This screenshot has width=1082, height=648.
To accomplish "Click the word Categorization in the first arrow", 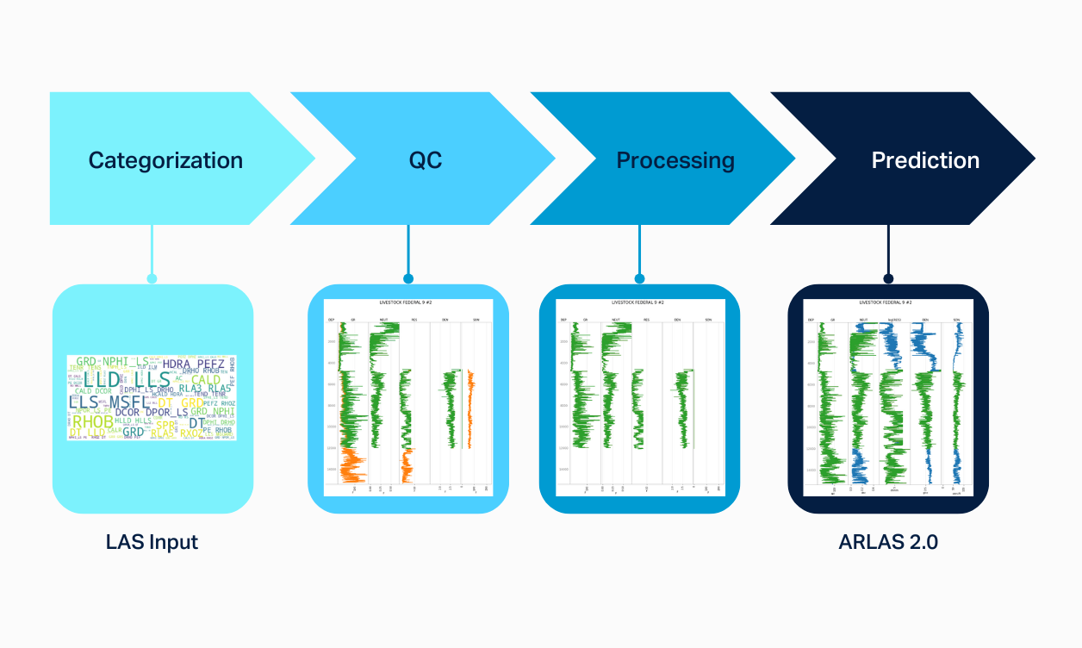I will click(x=165, y=160).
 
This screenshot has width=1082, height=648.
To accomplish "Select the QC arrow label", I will click(x=426, y=160).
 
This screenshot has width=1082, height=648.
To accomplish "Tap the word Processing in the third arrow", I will click(x=675, y=160).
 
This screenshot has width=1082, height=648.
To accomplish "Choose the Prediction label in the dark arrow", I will click(x=925, y=160).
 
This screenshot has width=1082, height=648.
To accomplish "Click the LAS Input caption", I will click(x=152, y=542).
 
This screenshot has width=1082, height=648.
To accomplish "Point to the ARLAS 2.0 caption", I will click(x=887, y=542).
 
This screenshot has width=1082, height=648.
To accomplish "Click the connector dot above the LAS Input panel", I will click(x=152, y=278).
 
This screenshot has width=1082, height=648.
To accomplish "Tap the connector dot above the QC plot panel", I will click(x=408, y=278).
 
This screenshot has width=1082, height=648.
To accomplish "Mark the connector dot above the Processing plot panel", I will click(x=639, y=278).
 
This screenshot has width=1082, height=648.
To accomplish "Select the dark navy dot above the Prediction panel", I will click(x=888, y=278).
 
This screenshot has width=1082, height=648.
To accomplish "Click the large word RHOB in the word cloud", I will click(x=92, y=422).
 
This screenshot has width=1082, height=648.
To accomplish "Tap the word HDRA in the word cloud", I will click(x=177, y=364).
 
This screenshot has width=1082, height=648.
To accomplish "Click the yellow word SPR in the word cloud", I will click(x=165, y=425).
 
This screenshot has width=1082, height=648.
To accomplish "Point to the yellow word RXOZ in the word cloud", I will click(x=190, y=433).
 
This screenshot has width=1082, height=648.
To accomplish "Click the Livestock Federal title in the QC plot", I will click(x=408, y=303).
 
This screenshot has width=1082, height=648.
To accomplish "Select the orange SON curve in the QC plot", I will click(x=469, y=409).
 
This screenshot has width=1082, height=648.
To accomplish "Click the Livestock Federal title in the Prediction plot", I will click(x=888, y=303).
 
